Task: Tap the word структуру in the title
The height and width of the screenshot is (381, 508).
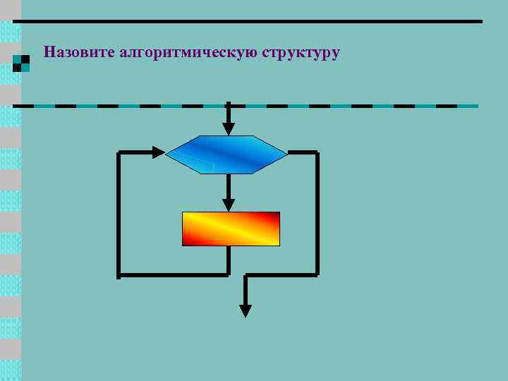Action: point(301,52)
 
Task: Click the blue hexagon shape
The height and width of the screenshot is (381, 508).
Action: point(226,154)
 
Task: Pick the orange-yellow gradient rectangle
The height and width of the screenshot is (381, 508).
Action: point(231,229)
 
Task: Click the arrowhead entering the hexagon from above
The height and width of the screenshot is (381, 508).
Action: point(228,128)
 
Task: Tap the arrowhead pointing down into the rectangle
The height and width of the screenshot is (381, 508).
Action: point(228,205)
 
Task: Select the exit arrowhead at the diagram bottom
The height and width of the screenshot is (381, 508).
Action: point(245,310)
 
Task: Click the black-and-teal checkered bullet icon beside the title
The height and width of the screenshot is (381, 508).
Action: point(21,64)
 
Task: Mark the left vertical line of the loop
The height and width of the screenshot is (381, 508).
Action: point(119,212)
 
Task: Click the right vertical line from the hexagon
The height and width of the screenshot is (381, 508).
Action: point(317,212)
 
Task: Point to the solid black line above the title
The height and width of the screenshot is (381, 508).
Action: point(247,21)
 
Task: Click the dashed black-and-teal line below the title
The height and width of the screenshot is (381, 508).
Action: point(247,106)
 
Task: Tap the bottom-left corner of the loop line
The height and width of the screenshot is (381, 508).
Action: point(119,274)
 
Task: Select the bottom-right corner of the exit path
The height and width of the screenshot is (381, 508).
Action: point(317,274)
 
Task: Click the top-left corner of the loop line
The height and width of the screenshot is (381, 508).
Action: point(119,152)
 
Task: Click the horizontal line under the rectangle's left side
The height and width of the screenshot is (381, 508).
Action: point(173,274)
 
